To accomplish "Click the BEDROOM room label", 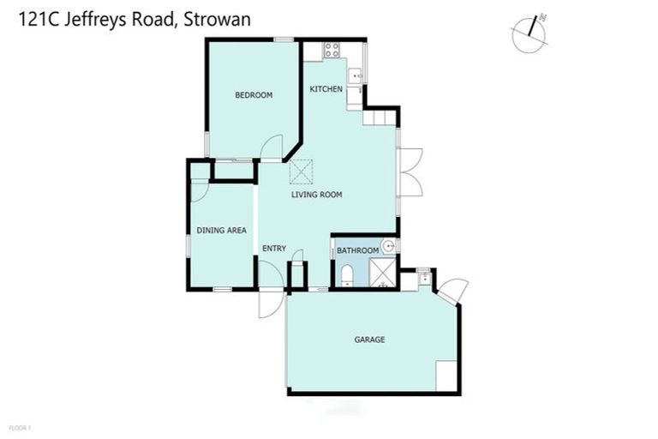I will (254, 95).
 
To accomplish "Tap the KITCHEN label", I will (326, 89).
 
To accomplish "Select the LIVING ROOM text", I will (316, 195).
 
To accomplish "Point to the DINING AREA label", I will (221, 230).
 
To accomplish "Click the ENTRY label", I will (274, 249).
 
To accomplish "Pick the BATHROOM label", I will (357, 250).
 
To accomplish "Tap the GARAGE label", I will (369, 340).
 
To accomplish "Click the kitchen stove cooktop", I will (332, 51).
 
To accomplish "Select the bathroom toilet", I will (346, 274).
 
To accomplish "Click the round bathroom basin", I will (388, 247).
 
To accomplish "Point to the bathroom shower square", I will (383, 274).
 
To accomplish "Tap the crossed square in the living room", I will (302, 171).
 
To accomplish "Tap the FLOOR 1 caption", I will (18, 427).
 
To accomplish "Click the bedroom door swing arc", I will (272, 147).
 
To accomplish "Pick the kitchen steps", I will (381, 116).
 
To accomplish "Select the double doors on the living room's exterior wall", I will (410, 172).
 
